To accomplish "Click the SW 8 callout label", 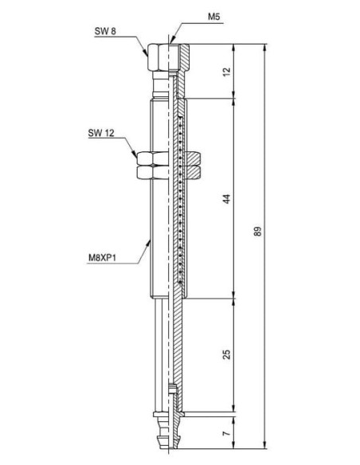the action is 105,31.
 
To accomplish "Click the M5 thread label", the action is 213,17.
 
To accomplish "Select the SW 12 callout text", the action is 101,133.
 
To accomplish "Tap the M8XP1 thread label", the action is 102,258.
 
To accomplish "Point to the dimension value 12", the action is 226,72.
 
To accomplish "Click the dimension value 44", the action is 226,199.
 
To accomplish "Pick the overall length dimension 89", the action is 258,232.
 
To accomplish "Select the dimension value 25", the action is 226,354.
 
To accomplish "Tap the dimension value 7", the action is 226,433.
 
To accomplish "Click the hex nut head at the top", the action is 168,57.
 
